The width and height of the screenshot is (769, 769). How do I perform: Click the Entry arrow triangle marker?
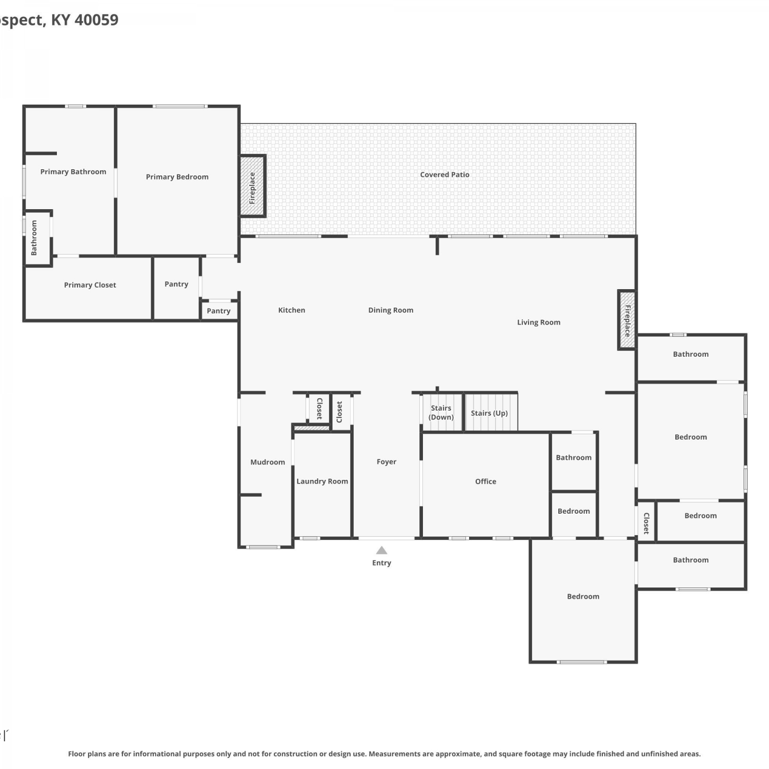coord(381,550)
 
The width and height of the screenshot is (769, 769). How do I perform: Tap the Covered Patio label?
coord(444,175)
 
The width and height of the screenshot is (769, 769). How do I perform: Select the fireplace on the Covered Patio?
coord(252,186)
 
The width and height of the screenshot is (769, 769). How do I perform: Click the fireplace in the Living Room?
coord(627,320)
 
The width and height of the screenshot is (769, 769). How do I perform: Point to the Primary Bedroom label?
coord(177,177)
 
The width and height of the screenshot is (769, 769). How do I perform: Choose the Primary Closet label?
coord(90,285)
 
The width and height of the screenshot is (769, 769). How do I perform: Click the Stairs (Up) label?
coord(490,413)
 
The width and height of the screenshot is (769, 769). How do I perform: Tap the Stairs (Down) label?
coord(441,413)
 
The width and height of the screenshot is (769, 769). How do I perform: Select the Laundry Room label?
coord(322,481)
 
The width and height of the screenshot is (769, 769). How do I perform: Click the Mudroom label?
coord(268,462)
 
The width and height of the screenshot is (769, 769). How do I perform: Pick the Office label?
coord(485,481)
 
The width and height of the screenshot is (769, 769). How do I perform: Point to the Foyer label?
coord(387,462)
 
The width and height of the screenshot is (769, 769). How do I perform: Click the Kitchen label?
coord(292,310)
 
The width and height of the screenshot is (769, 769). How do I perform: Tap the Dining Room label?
coord(391,310)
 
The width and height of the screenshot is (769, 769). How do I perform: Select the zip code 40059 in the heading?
coord(96,20)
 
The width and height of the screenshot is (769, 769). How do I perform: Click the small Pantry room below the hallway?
coord(219,311)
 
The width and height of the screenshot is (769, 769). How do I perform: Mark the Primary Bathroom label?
coord(73,172)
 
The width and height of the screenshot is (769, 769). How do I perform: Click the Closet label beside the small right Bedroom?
coord(646,523)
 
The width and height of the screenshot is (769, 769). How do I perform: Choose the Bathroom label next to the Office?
coord(574,458)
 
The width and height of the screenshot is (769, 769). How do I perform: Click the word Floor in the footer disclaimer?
coord(77,754)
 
